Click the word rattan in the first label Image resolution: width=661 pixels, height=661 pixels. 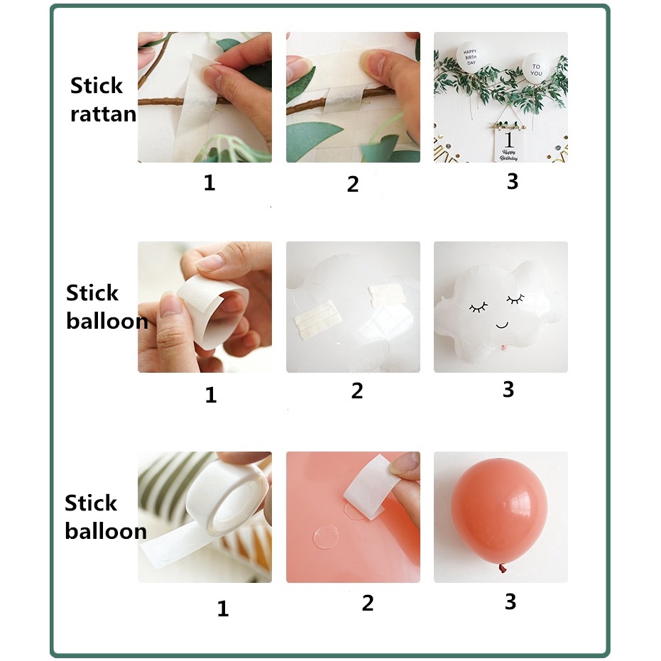pyautogui.click(x=103, y=114)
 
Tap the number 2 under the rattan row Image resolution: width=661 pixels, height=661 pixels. pyautogui.click(x=353, y=184)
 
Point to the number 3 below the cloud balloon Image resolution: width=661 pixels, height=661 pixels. pyautogui.click(x=508, y=389)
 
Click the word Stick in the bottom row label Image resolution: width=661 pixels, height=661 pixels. pyautogui.click(x=91, y=503)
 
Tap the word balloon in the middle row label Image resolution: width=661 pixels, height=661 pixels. pyautogui.click(x=106, y=321)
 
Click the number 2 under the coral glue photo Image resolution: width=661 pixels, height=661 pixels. pyautogui.click(x=367, y=603)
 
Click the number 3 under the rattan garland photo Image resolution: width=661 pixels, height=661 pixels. pyautogui.click(x=513, y=181)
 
